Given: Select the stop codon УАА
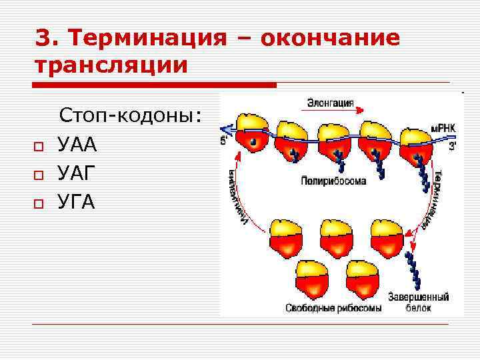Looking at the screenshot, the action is [77, 144].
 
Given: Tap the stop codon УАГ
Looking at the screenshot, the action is [77, 173].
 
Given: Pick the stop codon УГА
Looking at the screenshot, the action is [77, 201].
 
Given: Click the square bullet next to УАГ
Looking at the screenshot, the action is [39, 175].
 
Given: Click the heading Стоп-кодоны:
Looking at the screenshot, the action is [131, 115].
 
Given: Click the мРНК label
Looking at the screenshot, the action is [443, 127].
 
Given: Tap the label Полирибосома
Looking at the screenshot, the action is [333, 181].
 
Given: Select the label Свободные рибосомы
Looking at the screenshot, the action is [333, 308].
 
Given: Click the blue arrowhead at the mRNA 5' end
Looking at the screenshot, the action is [225, 129].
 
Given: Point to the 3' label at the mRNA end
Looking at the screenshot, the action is [453, 145].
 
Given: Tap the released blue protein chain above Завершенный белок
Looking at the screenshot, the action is [415, 271].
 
